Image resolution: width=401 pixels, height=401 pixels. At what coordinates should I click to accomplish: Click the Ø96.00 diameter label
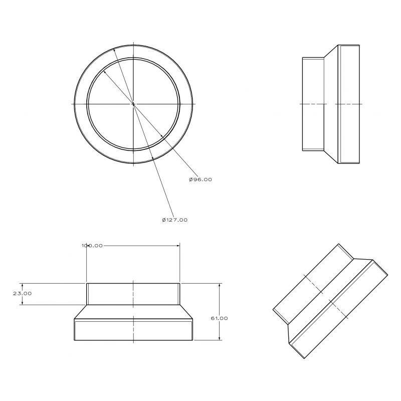pyautogui.click(x=200, y=179)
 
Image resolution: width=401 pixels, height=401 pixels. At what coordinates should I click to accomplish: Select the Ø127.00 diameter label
pyautogui.click(x=174, y=220)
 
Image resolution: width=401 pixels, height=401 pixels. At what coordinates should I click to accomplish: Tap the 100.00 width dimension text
pyautogui.click(x=92, y=246)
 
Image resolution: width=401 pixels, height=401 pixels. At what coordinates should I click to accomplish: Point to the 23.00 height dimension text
pyautogui.click(x=23, y=294)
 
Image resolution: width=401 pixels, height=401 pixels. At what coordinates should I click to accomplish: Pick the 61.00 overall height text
pyautogui.click(x=219, y=318)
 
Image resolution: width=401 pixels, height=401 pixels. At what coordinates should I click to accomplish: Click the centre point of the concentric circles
pyautogui.click(x=133, y=104)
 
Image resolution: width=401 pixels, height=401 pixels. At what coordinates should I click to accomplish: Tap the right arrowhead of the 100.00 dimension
pyautogui.click(x=178, y=246)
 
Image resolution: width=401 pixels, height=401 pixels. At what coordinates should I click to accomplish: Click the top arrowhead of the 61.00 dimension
pyautogui.click(x=220, y=285)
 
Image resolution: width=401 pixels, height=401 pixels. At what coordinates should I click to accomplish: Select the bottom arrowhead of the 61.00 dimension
pyautogui.click(x=220, y=338)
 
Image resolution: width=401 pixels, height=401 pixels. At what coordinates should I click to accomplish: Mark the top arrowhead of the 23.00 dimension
pyautogui.click(x=23, y=285)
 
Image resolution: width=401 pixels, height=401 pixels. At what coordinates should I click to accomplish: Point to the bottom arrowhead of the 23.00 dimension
pyautogui.click(x=23, y=303)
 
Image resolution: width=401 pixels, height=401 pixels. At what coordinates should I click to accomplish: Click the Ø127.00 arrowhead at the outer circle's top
pyautogui.click(x=115, y=50)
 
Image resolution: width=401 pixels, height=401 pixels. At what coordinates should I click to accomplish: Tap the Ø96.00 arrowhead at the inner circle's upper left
pyautogui.click(x=105, y=73)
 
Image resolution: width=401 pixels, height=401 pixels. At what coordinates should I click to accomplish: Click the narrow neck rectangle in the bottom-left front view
pyautogui.click(x=133, y=294)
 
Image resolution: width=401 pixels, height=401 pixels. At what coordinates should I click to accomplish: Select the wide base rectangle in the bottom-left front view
pyautogui.click(x=133, y=330)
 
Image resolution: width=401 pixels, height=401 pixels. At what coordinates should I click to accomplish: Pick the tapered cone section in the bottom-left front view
pyautogui.click(x=133, y=312)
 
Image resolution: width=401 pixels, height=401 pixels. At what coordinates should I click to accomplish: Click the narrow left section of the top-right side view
pyautogui.click(x=314, y=104)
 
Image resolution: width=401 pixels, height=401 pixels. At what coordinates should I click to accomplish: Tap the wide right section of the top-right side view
pyautogui.click(x=349, y=104)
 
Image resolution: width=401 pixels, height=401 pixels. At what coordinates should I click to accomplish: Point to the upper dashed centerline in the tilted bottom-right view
pyautogui.click(x=313, y=284)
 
